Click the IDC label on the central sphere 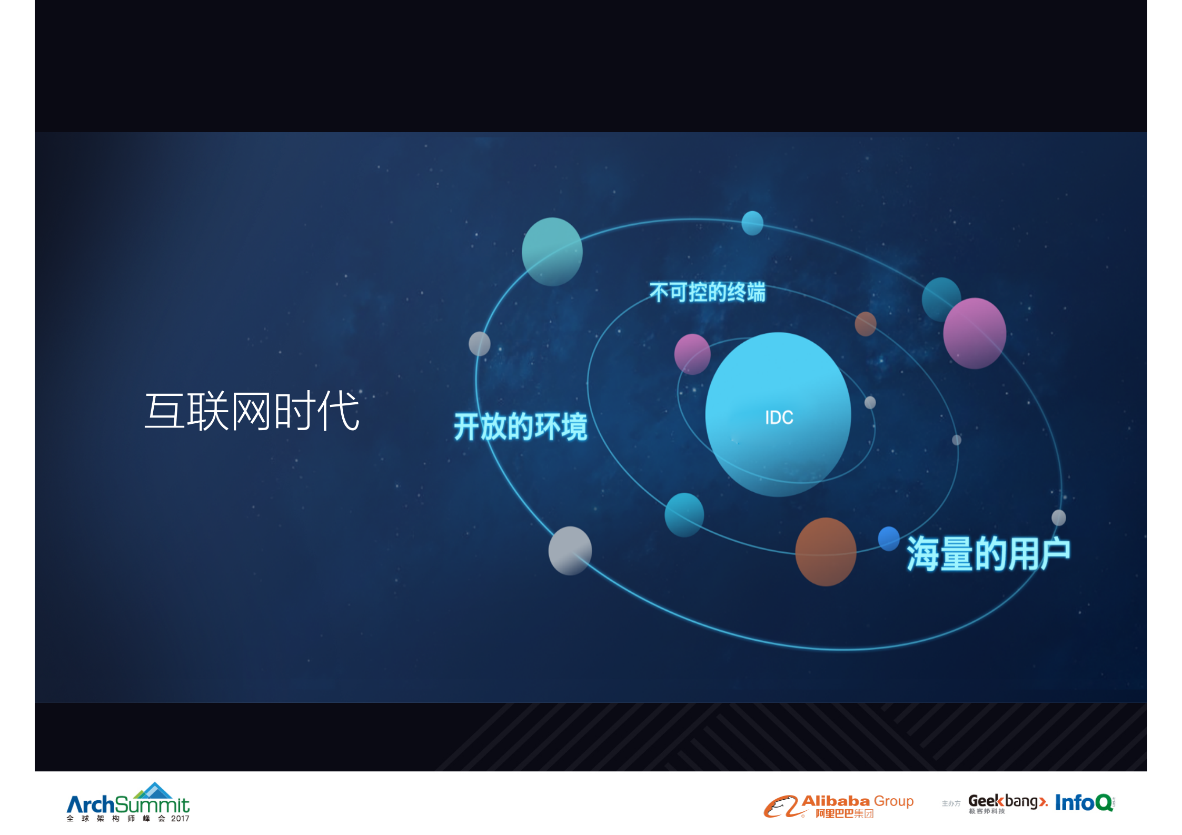click(779, 417)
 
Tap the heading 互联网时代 click(252, 411)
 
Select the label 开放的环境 click(520, 426)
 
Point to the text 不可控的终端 click(707, 292)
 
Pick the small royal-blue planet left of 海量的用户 click(889, 538)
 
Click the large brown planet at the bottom click(826, 551)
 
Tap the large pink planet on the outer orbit click(975, 333)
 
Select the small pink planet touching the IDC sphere click(692, 354)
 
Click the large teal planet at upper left click(552, 252)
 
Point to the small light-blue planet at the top click(752, 223)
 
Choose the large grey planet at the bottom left click(570, 550)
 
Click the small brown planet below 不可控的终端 click(865, 323)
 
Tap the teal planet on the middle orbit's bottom click(684, 514)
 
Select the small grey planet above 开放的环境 click(479, 344)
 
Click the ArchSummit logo click(128, 802)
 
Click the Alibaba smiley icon click(781, 806)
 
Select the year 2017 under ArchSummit click(180, 819)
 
